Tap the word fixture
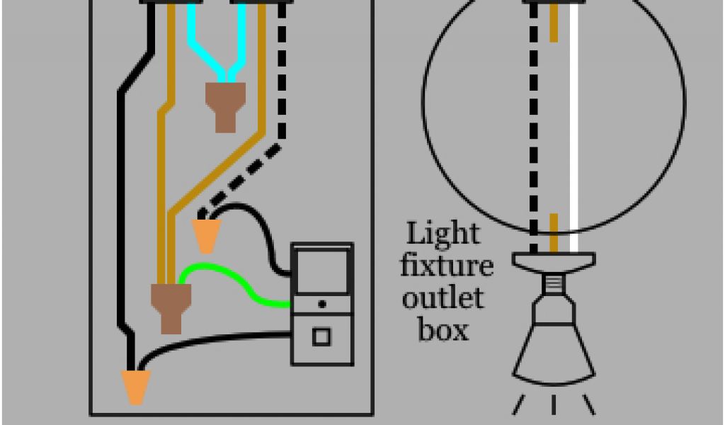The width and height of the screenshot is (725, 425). coord(446,266)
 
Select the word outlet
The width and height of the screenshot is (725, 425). coord(443,297)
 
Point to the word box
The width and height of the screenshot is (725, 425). coord(443,329)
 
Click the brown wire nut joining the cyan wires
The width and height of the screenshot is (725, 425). coord(225,106)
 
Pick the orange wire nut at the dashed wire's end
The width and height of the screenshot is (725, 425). coord(206,235)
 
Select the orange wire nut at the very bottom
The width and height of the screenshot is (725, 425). coord(135,387)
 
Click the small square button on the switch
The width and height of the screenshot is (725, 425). coord(321,336)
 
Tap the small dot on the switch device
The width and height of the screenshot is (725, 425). coord(322,304)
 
